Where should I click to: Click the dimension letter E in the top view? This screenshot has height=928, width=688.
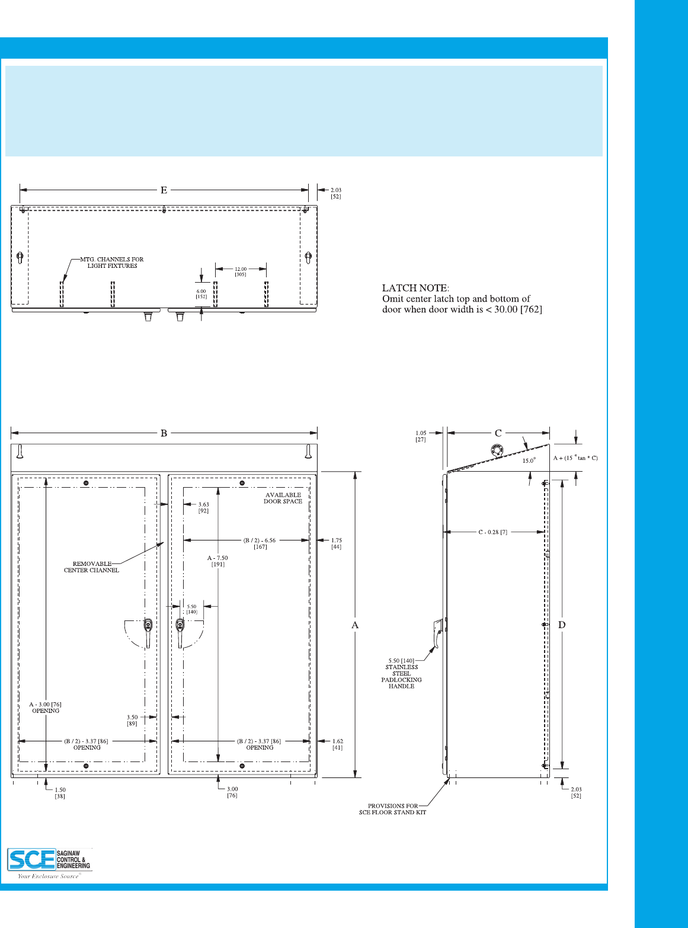pyautogui.click(x=164, y=190)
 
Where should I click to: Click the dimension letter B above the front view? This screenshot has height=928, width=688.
pyautogui.click(x=164, y=433)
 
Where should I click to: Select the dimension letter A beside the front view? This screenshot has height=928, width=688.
pyautogui.click(x=355, y=625)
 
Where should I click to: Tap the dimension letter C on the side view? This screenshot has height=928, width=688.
pyautogui.click(x=498, y=433)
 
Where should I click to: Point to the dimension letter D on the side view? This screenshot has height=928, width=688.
pyautogui.click(x=562, y=625)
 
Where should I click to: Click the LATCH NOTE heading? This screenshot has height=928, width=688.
pyautogui.click(x=415, y=288)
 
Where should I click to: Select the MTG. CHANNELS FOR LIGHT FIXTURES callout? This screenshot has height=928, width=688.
pyautogui.click(x=112, y=263)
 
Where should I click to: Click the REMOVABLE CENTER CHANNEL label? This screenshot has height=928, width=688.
pyautogui.click(x=92, y=567)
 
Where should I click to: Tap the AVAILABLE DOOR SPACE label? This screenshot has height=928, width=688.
pyautogui.click(x=283, y=498)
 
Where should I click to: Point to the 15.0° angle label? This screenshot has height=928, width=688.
pyautogui.click(x=529, y=460)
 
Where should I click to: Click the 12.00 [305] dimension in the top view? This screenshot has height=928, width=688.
pyautogui.click(x=241, y=272)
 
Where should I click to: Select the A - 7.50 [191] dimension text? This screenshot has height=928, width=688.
pyautogui.click(x=217, y=561)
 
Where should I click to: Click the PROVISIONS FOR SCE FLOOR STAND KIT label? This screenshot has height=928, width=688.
pyautogui.click(x=392, y=809)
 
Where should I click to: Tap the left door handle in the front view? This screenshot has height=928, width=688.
pyautogui.click(x=148, y=631)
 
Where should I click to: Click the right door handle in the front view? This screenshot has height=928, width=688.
pyautogui.click(x=180, y=632)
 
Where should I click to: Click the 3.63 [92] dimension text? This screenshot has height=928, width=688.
pyautogui.click(x=203, y=508)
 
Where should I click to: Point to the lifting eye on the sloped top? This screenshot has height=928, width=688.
pyautogui.click(x=497, y=450)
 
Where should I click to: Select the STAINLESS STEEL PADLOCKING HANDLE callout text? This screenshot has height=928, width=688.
pyautogui.click(x=402, y=674)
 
